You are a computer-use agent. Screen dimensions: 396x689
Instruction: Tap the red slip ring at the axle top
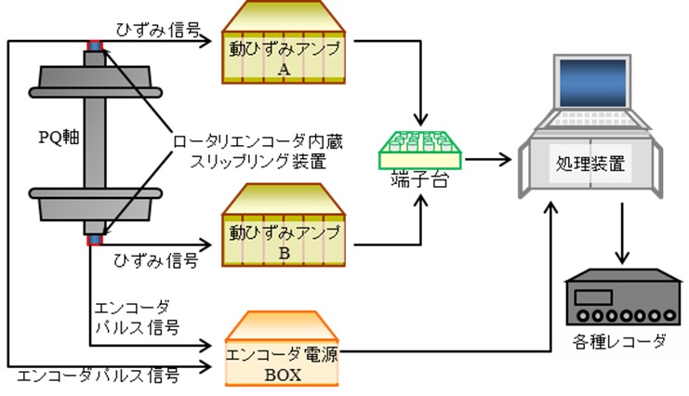(94, 45)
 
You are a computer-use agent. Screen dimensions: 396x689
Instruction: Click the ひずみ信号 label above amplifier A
(157, 29)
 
